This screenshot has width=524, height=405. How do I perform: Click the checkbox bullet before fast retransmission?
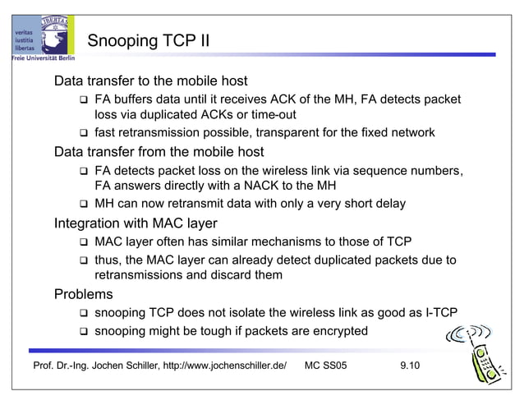[x=83, y=133]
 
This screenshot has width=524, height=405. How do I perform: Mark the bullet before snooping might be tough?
[x=83, y=332]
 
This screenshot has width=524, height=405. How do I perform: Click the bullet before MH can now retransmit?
[x=83, y=204]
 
